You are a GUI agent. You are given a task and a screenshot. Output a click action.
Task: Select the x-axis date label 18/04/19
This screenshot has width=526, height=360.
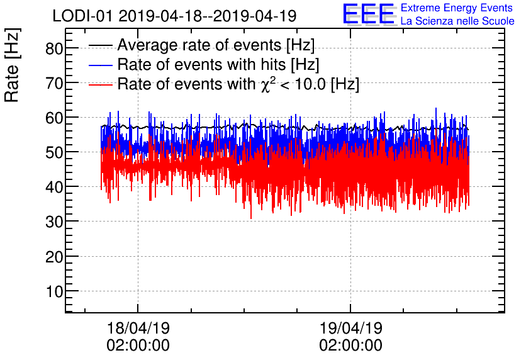(138, 329)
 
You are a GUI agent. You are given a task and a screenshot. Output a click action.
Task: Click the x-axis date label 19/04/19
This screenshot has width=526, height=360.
(350, 329)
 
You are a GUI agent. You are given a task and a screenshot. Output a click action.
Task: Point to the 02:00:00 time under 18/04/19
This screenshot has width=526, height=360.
(138, 346)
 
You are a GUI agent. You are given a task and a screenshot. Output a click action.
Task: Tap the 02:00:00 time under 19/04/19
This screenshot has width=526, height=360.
(350, 346)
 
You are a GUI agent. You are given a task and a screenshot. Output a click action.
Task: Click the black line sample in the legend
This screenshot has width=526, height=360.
(101, 46)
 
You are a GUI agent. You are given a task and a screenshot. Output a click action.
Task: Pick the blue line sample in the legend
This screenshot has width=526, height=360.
(101, 65)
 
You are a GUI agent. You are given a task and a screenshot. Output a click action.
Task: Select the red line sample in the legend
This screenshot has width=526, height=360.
(101, 84)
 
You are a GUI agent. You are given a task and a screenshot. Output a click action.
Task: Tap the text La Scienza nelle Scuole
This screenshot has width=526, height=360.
(457, 21)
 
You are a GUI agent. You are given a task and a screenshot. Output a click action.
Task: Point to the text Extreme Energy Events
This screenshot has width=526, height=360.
(457, 8)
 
